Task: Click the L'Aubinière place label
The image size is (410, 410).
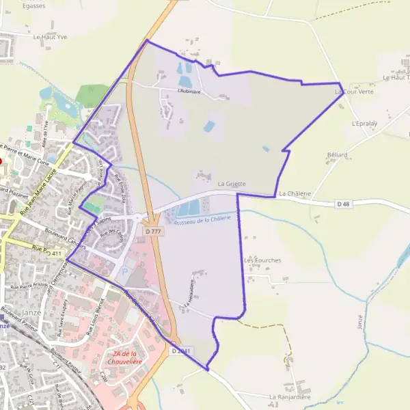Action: coord(189,90)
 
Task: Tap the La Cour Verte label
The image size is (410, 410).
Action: coord(354,90)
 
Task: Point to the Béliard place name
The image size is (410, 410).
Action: coord(337,155)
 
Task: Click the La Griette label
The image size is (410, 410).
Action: coord(231,184)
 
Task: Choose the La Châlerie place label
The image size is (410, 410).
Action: coord(295,193)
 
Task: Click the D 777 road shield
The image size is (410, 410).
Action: coord(154,232)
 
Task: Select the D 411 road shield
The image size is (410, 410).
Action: coord(54,254)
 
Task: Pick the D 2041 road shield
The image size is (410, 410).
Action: coord(180,351)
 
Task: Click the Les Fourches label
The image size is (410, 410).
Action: coord(262,260)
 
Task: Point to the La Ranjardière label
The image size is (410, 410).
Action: coord(290,396)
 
